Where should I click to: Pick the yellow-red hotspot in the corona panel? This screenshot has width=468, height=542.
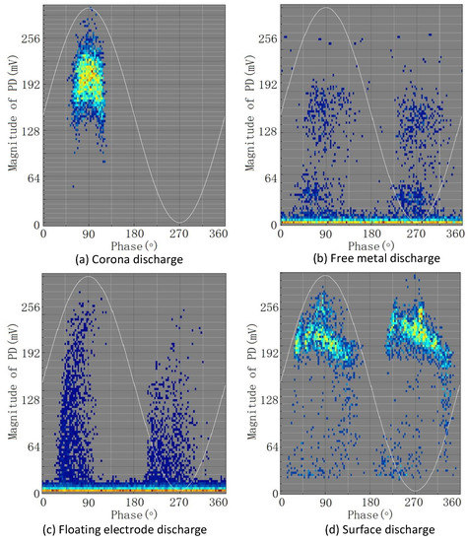click(x=89, y=76)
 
